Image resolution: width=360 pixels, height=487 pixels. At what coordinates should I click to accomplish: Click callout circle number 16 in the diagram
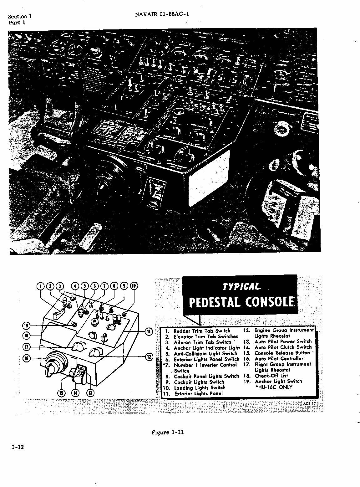(27, 358)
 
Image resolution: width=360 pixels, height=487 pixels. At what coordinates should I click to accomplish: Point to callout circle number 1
(41, 286)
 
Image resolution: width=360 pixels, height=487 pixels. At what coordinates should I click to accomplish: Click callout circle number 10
(134, 286)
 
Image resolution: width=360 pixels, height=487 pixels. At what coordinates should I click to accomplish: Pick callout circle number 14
(76, 393)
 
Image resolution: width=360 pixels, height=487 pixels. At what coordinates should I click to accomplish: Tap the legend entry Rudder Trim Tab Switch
(202, 331)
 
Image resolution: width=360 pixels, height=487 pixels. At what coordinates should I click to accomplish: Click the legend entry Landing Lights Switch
(199, 388)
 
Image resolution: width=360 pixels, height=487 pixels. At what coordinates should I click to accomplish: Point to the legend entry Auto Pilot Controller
(279, 359)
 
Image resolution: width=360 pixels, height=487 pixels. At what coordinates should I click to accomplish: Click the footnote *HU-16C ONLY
(274, 387)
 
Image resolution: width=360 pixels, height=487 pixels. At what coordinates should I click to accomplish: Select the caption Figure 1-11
(167, 433)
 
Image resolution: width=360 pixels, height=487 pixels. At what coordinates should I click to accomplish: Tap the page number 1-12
(18, 447)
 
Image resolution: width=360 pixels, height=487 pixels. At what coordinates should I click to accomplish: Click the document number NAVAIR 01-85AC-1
(162, 14)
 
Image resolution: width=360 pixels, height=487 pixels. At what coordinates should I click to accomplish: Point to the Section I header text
(20, 17)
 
